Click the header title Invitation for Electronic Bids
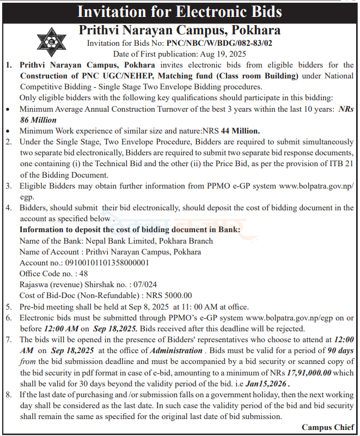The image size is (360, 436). pyautogui.click(x=180, y=12)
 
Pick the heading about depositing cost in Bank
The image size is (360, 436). pyautogui.click(x=130, y=229)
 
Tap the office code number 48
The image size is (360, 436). pyautogui.click(x=83, y=274)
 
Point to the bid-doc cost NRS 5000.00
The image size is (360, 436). pyautogui.click(x=169, y=295)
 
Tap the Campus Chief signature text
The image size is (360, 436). pyautogui.click(x=327, y=427)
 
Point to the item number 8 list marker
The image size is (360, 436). pyautogui.click(x=8, y=395)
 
